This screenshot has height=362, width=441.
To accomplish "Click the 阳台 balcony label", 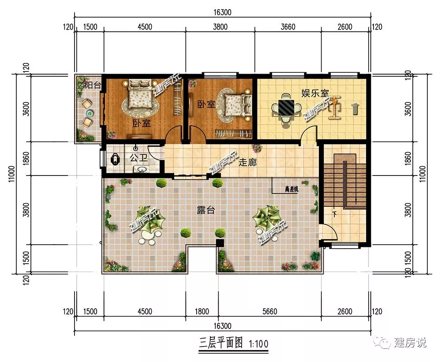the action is point(93,85).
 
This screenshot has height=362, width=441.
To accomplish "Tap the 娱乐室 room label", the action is point(315,93).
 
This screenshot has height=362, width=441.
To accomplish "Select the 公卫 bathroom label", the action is point(138,158).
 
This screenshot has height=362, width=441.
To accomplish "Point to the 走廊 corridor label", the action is point(247,162).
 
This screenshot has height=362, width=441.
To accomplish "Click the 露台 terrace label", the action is point(206,210).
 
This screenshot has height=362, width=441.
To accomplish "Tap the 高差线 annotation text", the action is point(292,189).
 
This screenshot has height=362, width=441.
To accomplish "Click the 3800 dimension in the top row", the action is point(220,27).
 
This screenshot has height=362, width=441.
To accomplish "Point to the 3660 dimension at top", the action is point(288,27).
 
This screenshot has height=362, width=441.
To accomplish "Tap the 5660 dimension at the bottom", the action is point(270,311).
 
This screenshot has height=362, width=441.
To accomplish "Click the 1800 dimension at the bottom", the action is point(202,311).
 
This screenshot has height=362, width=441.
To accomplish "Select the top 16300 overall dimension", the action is point(222,12).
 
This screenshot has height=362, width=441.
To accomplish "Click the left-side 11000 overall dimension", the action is point(11,174).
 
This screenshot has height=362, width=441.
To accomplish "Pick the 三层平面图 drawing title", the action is point(221,343).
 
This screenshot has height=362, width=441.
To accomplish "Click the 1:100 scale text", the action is point(258,344).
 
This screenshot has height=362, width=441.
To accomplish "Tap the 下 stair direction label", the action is point(334,214).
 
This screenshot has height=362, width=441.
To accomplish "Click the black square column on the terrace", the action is point(220,243).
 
